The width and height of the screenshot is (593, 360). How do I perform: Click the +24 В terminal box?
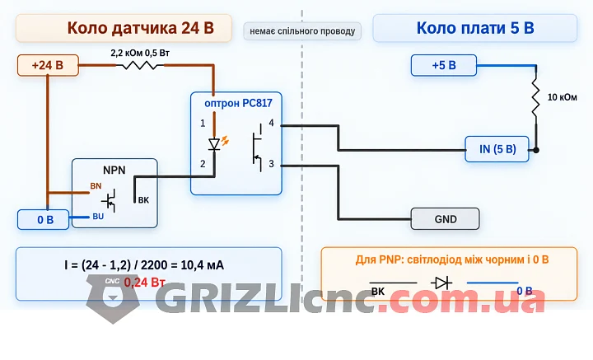tap(48, 65)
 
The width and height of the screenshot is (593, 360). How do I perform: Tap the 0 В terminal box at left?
tap(43, 220)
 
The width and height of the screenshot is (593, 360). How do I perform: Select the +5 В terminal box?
tap(444, 65)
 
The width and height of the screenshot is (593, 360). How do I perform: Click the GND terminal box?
tap(445, 219)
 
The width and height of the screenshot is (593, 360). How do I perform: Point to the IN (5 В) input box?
tap(497, 149)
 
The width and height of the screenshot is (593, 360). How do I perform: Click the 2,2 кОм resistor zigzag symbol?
tap(139, 66)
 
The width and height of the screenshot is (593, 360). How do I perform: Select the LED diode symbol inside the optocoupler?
tap(214, 144)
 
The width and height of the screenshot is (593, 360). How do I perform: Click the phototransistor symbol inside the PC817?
tap(258, 147)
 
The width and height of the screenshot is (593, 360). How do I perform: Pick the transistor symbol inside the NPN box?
tap(110, 200)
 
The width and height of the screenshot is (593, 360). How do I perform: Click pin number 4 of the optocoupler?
tap(271, 123)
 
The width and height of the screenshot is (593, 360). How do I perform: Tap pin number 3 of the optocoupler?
tap(271, 164)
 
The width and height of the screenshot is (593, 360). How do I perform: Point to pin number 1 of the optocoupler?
tap(203, 124)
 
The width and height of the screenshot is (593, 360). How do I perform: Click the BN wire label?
tap(96, 186)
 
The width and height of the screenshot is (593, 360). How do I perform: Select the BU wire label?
tap(98, 217)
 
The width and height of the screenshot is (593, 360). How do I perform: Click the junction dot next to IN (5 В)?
tap(536, 150)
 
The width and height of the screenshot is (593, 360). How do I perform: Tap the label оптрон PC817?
tap(238, 103)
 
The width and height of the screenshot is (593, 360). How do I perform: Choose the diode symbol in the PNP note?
tap(441, 283)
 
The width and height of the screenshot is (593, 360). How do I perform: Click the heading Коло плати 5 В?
tap(475, 28)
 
